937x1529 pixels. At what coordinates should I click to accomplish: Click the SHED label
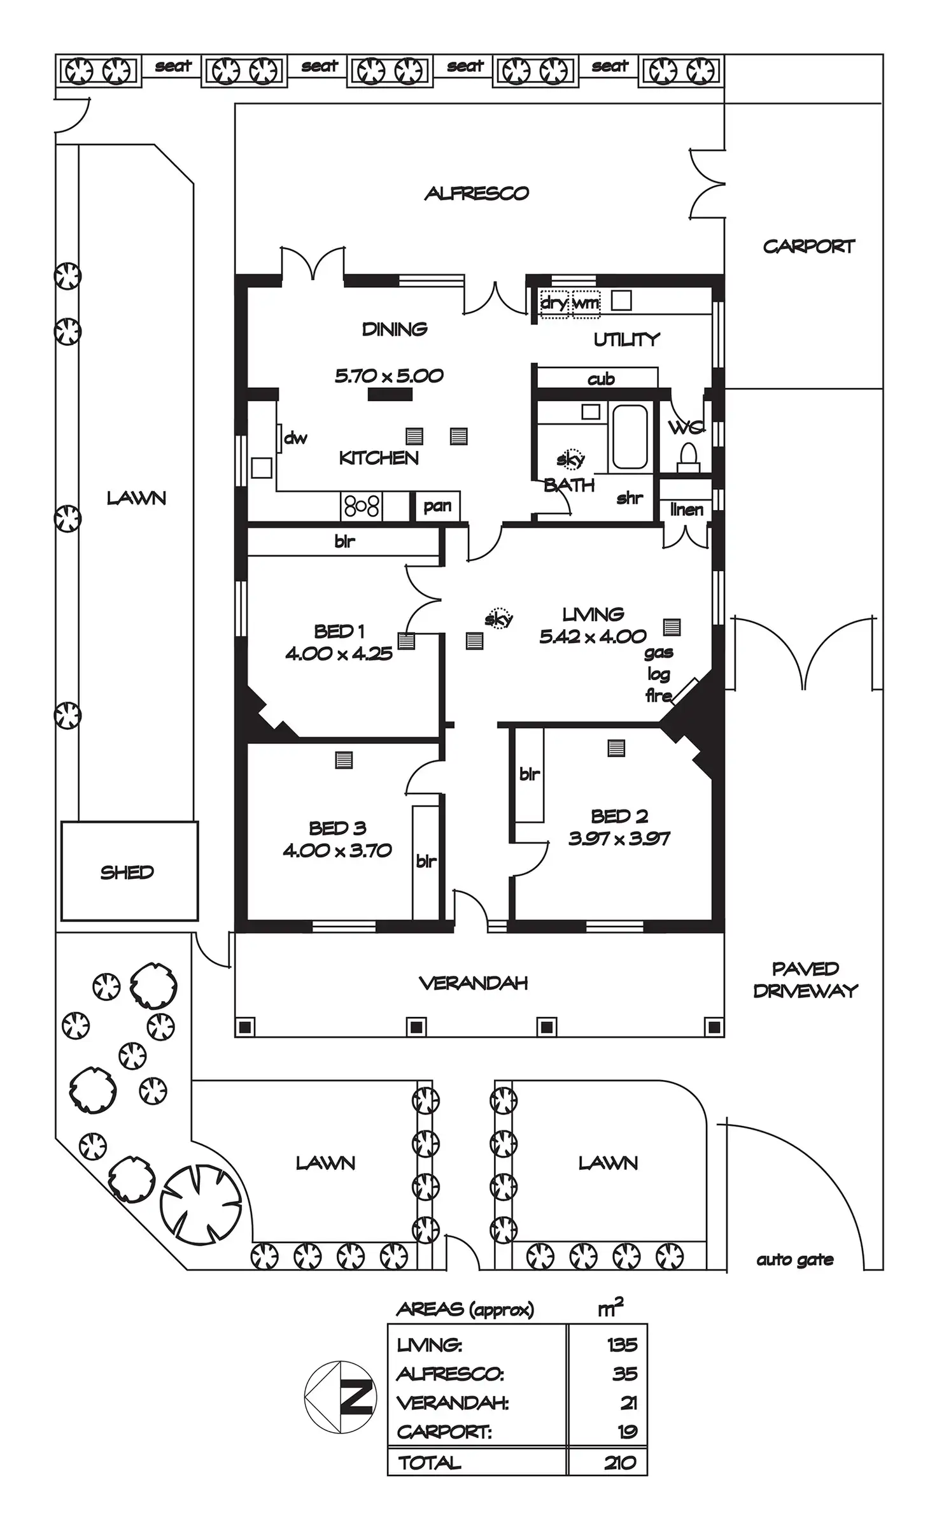point(127,872)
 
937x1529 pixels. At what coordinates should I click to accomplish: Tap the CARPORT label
point(808,246)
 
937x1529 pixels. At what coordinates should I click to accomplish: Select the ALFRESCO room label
point(477,194)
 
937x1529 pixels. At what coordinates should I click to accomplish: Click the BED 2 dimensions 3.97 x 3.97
point(619,839)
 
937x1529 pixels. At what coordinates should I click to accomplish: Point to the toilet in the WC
point(688,457)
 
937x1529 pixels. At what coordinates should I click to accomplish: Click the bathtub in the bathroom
point(630,437)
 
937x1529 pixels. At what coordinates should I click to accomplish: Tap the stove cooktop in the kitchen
point(362,506)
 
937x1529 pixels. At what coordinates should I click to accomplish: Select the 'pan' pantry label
point(437,506)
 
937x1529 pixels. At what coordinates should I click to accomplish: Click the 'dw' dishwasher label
point(295,437)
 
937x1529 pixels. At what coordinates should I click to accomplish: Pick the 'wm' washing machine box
point(586,303)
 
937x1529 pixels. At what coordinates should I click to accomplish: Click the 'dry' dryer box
point(554,303)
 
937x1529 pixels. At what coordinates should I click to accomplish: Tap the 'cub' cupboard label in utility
point(601,379)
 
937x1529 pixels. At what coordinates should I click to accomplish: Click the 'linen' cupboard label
point(687,509)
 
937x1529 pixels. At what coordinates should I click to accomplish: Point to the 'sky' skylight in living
point(498,618)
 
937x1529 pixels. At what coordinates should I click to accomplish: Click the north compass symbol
point(341,1397)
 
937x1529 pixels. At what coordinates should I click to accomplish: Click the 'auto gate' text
point(795,1260)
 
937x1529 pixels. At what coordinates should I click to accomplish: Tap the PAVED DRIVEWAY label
point(805,979)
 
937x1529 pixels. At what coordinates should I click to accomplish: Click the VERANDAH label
point(474,983)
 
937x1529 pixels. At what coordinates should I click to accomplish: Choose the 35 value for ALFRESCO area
point(625,1374)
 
